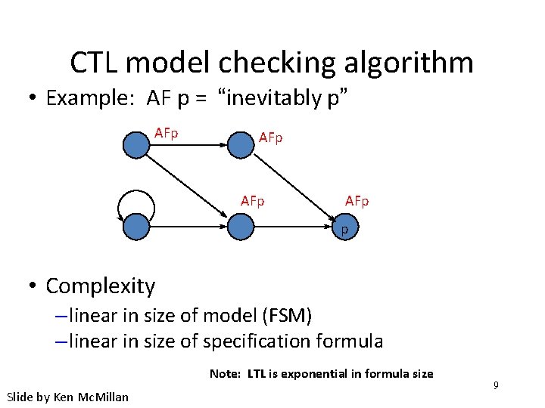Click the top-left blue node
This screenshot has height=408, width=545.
(x=136, y=145)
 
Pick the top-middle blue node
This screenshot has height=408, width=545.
(x=240, y=145)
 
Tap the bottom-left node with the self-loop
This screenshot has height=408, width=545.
(x=136, y=227)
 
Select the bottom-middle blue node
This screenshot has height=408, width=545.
(x=240, y=227)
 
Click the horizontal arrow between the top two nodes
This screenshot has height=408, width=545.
(x=189, y=145)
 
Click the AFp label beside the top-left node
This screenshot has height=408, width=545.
(x=166, y=134)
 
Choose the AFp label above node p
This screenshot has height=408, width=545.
(x=357, y=201)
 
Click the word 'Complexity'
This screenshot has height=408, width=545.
(x=100, y=286)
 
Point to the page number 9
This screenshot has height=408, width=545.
(x=496, y=386)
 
